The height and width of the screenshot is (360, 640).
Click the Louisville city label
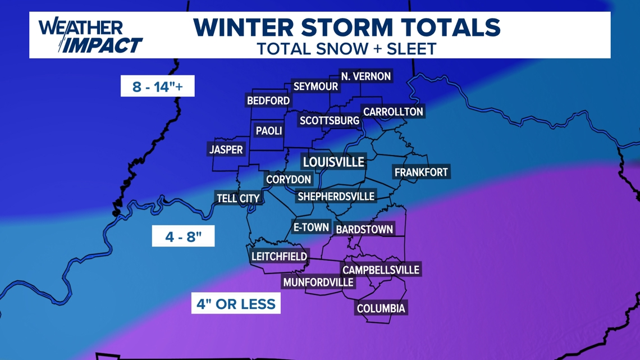tap(333, 162)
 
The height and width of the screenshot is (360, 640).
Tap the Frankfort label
tap(421, 172)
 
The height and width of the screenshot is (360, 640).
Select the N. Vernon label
tap(366, 76)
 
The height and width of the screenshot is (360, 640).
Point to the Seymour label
tap(316, 86)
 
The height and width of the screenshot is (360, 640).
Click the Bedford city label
tap(268, 101)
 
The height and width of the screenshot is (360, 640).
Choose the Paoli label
tap(269, 131)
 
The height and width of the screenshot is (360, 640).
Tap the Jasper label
tap(226, 150)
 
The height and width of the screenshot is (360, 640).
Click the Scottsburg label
tap(330, 121)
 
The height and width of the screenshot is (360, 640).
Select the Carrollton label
tap(393, 112)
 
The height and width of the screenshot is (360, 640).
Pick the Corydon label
tap(289, 180)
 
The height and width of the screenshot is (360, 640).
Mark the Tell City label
tap(238, 198)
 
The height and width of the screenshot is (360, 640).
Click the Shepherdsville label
tap(336, 197)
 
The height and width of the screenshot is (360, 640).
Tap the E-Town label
tap(311, 227)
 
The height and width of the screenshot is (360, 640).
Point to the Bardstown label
tap(364, 230)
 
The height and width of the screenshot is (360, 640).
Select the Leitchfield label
tap(280, 257)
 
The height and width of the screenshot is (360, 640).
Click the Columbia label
tap(381, 308)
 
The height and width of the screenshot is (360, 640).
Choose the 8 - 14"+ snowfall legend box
tap(157, 86)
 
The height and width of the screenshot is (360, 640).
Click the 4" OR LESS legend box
tap(236, 304)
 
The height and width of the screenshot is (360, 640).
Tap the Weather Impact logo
tap(90, 36)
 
